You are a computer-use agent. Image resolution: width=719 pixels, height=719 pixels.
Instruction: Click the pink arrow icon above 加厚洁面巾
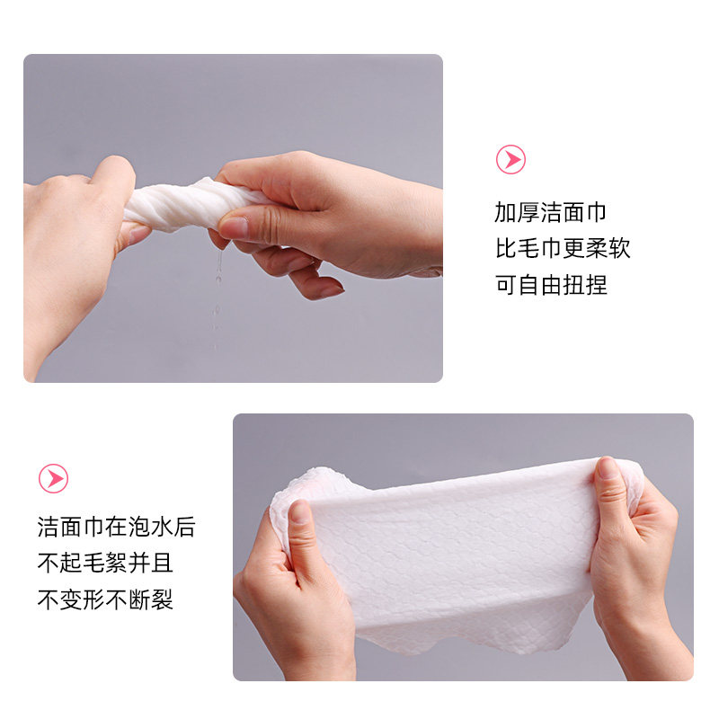coord(510,160)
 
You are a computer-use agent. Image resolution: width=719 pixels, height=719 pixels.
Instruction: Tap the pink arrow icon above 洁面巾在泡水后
coord(53,477)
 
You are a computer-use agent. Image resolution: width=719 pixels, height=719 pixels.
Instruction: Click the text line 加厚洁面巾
coord(550,213)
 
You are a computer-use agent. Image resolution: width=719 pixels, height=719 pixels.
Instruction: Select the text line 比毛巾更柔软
coord(562,249)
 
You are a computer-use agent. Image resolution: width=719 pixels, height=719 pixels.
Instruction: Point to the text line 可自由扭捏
coord(550,285)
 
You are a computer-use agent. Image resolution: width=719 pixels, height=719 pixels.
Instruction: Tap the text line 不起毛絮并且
coord(105,564)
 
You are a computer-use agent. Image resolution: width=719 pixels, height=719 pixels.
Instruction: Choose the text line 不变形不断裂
coord(105,599)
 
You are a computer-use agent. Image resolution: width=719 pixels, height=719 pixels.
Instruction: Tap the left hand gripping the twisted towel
coord(72,243)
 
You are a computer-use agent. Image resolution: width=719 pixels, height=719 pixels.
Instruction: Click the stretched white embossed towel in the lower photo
coord(449,548)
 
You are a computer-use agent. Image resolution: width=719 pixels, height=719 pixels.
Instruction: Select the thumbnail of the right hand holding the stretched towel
coord(610,470)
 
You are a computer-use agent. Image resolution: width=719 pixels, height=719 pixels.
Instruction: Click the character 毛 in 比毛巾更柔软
coord(528,249)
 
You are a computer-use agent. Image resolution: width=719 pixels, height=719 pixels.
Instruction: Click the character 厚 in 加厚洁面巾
coord(528,213)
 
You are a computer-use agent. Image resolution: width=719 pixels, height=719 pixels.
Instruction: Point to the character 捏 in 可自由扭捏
coord(596,285)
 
